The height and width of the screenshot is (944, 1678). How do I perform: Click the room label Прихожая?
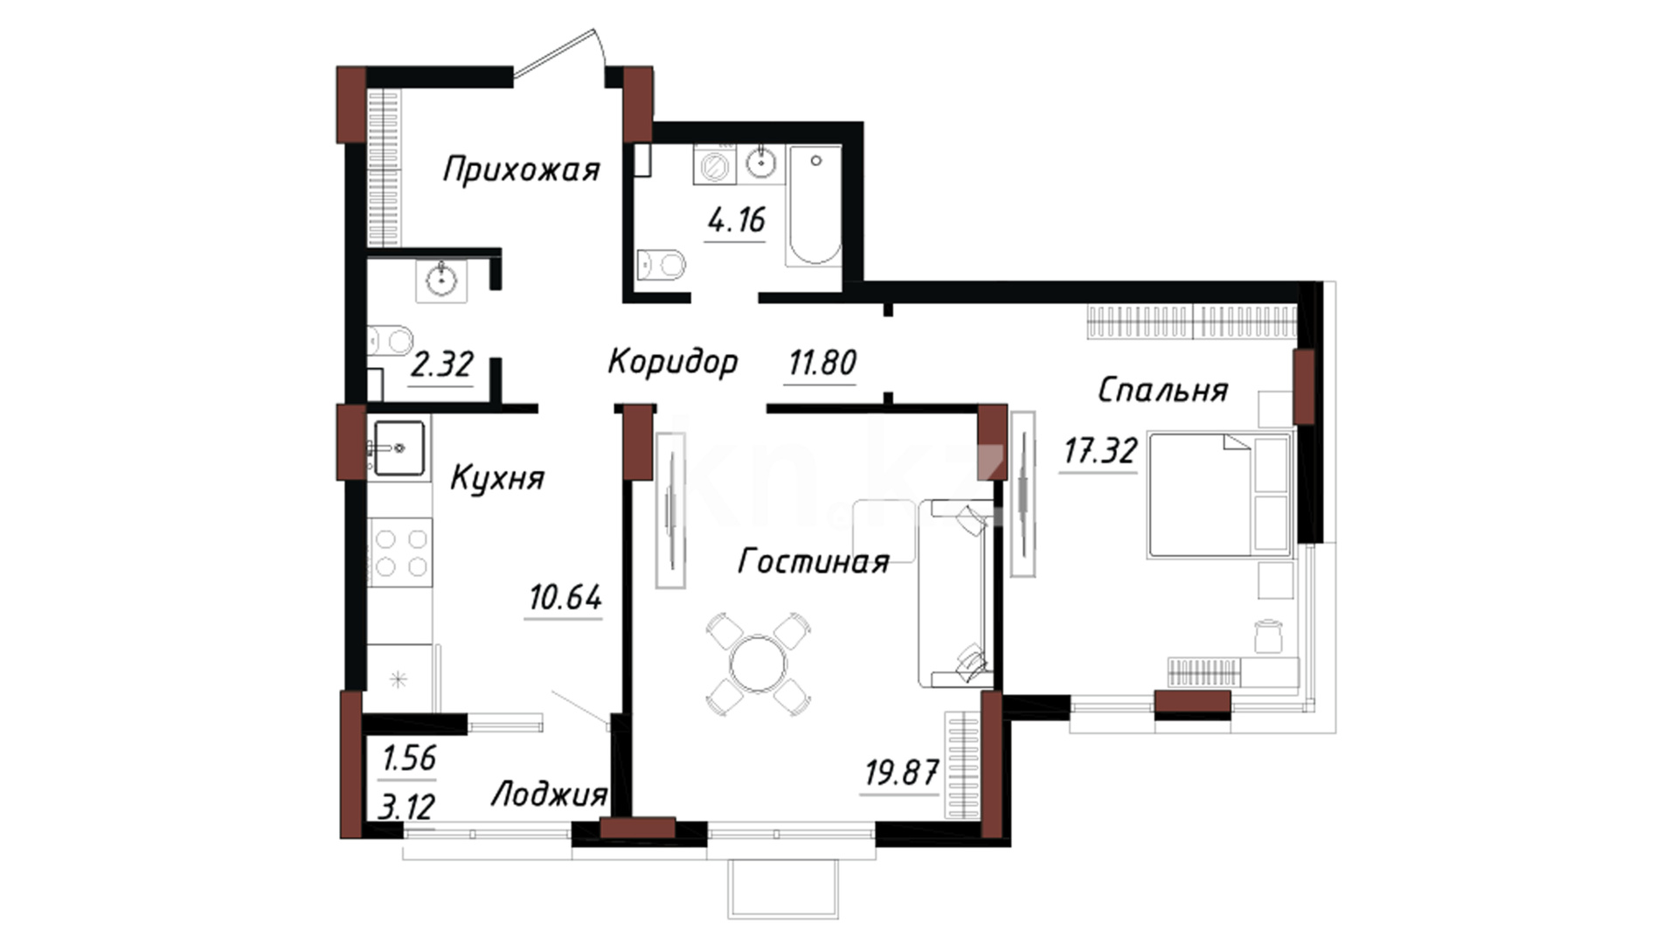point(522,169)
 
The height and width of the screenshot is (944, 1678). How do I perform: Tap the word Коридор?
point(673,361)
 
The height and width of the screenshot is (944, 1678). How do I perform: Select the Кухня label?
point(497,478)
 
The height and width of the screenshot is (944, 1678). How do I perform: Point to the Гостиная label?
point(814,561)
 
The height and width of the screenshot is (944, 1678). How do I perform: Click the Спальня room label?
point(1163,390)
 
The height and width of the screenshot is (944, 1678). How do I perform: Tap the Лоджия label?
point(549,795)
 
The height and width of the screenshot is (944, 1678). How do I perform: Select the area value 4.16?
point(737,220)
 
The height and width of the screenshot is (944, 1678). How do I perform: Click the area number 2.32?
point(441,364)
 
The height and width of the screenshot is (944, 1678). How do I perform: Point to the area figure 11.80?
point(822,362)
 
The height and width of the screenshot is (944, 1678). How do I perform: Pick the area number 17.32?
point(1100,451)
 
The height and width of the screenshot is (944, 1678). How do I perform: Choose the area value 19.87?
point(902,773)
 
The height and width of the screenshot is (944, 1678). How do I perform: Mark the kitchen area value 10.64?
point(565,598)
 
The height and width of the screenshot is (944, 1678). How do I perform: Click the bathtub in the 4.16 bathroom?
point(814,205)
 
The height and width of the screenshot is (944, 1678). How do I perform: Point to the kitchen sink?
point(399,448)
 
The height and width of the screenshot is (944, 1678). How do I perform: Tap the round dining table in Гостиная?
point(759,664)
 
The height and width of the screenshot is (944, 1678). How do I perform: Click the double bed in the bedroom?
point(1220,495)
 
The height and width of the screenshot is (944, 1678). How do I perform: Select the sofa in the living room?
point(955,593)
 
